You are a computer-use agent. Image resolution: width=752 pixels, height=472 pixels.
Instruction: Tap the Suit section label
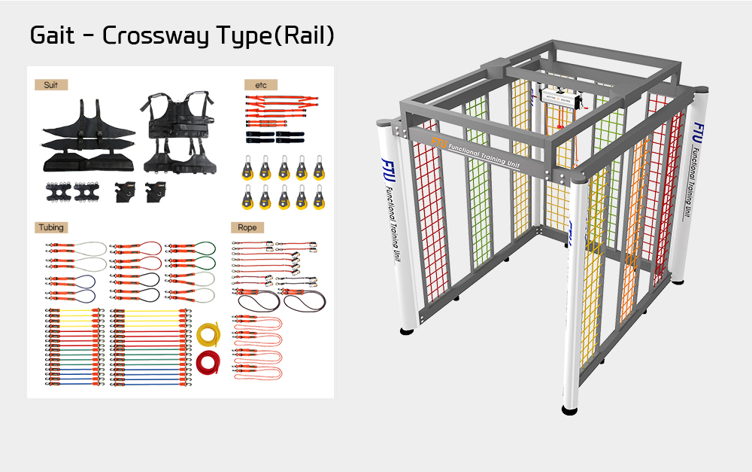click(51, 85)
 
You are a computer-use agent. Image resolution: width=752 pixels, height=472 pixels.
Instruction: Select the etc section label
click(260, 85)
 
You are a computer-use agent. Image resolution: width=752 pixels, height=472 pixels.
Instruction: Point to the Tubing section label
click(51, 227)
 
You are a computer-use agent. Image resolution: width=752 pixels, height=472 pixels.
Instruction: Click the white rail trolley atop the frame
click(559, 99)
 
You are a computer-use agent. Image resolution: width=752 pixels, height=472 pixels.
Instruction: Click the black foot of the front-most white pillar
click(571, 410)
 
